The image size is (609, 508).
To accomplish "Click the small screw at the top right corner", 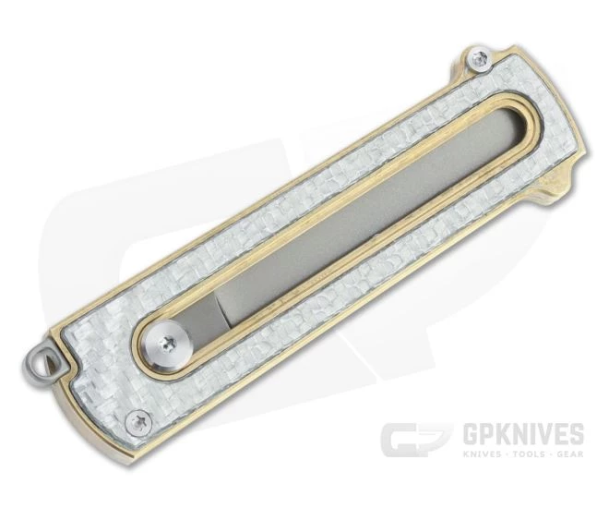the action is coord(481,59).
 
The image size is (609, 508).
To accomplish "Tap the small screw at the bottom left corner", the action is coord(138,421).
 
